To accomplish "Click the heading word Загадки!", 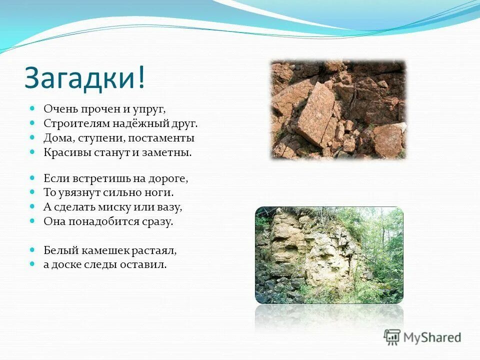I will [85, 78].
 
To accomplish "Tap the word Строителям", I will [73, 123].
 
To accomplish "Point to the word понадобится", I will [98, 221].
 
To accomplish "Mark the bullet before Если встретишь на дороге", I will [32, 177].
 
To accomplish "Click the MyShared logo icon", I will [392, 337].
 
